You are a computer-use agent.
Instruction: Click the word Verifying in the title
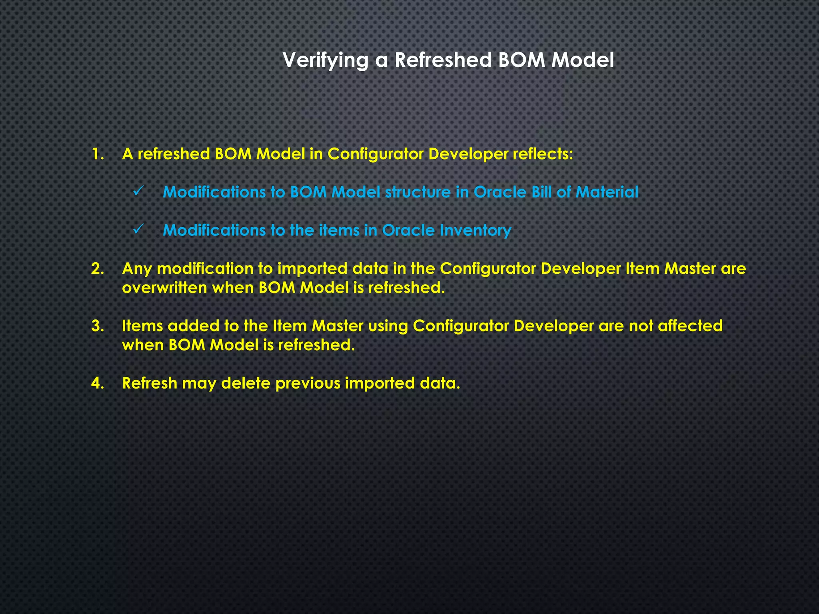(325, 60)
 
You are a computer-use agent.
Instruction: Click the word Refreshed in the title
(443, 60)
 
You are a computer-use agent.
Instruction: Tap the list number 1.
(97, 154)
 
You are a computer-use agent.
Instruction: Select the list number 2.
(97, 269)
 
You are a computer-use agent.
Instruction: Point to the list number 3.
(97, 326)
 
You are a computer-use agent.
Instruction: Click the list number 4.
(97, 383)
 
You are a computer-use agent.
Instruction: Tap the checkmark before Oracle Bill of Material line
(139, 192)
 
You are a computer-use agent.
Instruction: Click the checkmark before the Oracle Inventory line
(139, 230)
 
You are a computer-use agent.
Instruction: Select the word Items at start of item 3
(142, 326)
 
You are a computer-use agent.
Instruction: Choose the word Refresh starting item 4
(149, 383)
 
